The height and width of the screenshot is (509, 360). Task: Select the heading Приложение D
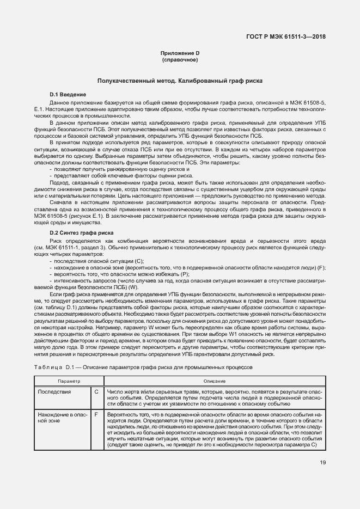click(x=180, y=53)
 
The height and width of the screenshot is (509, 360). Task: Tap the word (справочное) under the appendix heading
click(x=180, y=59)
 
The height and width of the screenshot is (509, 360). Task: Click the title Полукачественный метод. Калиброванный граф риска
click(x=180, y=81)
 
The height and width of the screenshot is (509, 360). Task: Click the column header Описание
click(x=215, y=381)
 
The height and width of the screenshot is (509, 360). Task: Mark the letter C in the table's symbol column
click(x=96, y=392)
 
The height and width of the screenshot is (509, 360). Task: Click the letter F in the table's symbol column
click(x=96, y=414)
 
